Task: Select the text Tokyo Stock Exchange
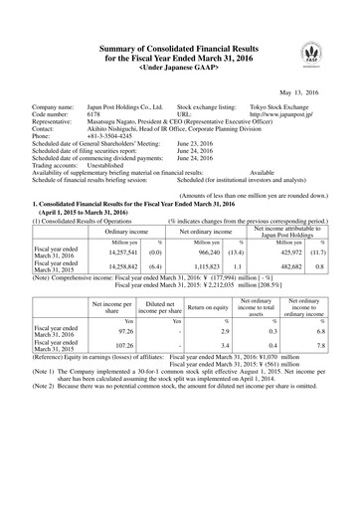[x=283, y=104]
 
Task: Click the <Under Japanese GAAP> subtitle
[x=180, y=56]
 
